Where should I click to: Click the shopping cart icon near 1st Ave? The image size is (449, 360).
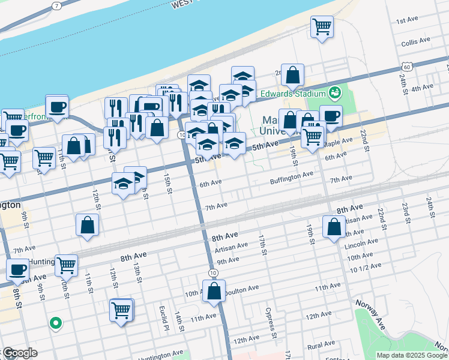pyautogui.click(x=322, y=27)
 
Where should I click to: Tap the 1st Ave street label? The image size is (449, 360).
pyautogui.click(x=406, y=20)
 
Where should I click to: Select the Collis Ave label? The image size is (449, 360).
pyautogui.click(x=416, y=42)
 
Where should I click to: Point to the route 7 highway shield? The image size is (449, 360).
pyautogui.click(x=56, y=6)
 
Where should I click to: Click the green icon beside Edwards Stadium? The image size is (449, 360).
pyautogui.click(x=334, y=93)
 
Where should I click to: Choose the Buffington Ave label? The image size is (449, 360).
pyautogui.click(x=292, y=175)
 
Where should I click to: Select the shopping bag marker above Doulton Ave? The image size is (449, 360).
pyautogui.click(x=214, y=292)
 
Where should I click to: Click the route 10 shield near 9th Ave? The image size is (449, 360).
pyautogui.click(x=214, y=273)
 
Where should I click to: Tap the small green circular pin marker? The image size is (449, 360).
pyautogui.click(x=56, y=323)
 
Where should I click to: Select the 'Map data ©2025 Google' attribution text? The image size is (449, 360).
pyautogui.click(x=412, y=355)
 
